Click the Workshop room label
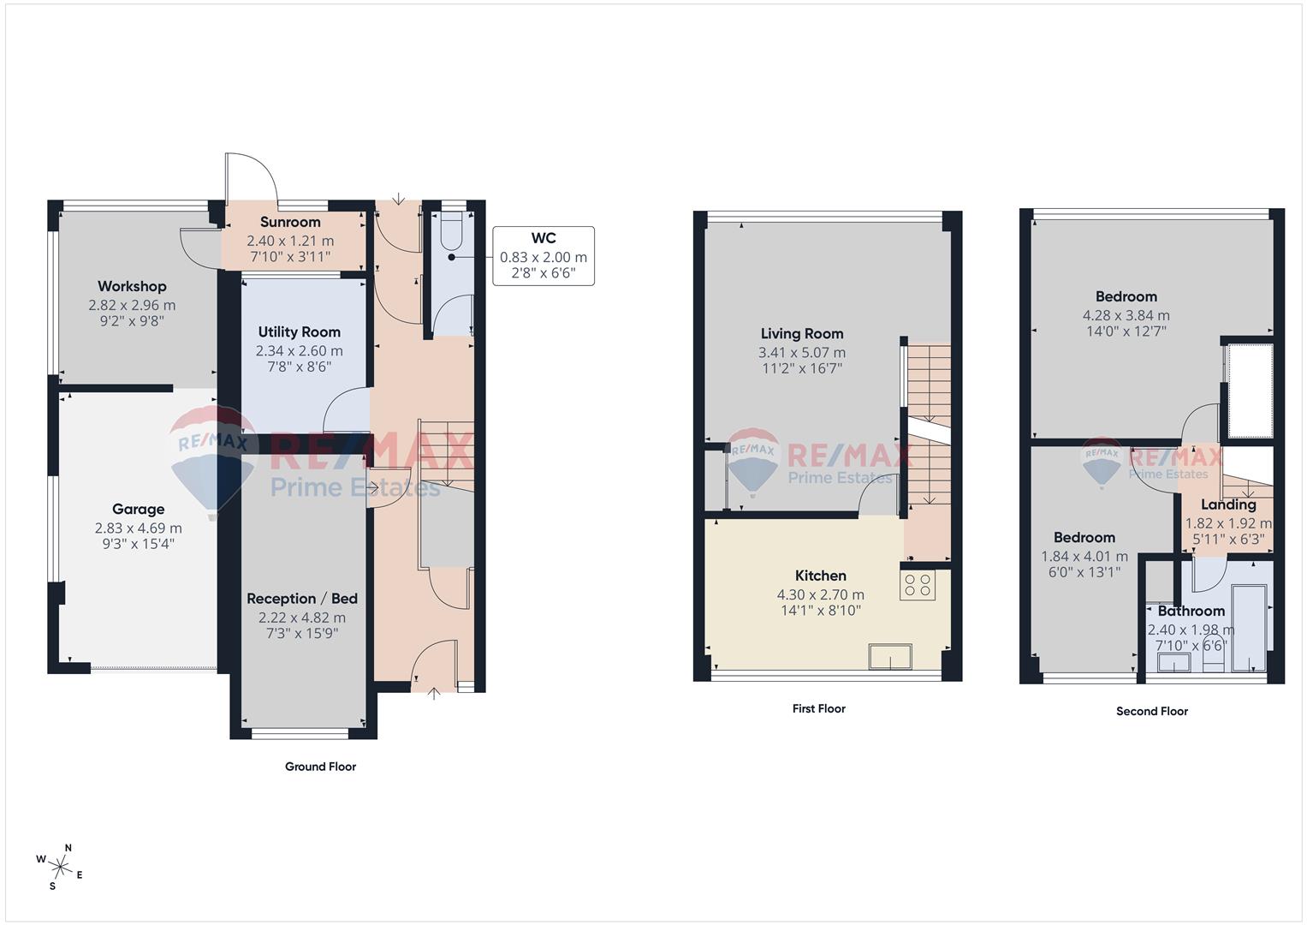pyautogui.click(x=132, y=286)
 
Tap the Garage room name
pyautogui.click(x=138, y=509)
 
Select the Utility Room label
pyautogui.click(x=299, y=331)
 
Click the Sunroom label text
pyautogui.click(x=290, y=222)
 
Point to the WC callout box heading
pyautogui.click(x=544, y=238)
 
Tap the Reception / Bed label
pyautogui.click(x=302, y=598)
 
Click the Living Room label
pyautogui.click(x=802, y=333)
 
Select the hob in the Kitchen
pyautogui.click(x=918, y=585)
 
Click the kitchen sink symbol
pyautogui.click(x=890, y=657)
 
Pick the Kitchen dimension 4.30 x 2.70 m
pyautogui.click(x=820, y=594)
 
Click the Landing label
pyautogui.click(x=1228, y=504)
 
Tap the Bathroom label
pyautogui.click(x=1191, y=611)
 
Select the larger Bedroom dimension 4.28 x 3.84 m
pyautogui.click(x=1126, y=315)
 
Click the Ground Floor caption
pyautogui.click(x=320, y=767)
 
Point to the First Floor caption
pyautogui.click(x=818, y=708)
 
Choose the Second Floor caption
pyautogui.click(x=1151, y=711)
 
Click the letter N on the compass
pyautogui.click(x=68, y=848)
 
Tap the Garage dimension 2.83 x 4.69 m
pyautogui.click(x=138, y=528)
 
